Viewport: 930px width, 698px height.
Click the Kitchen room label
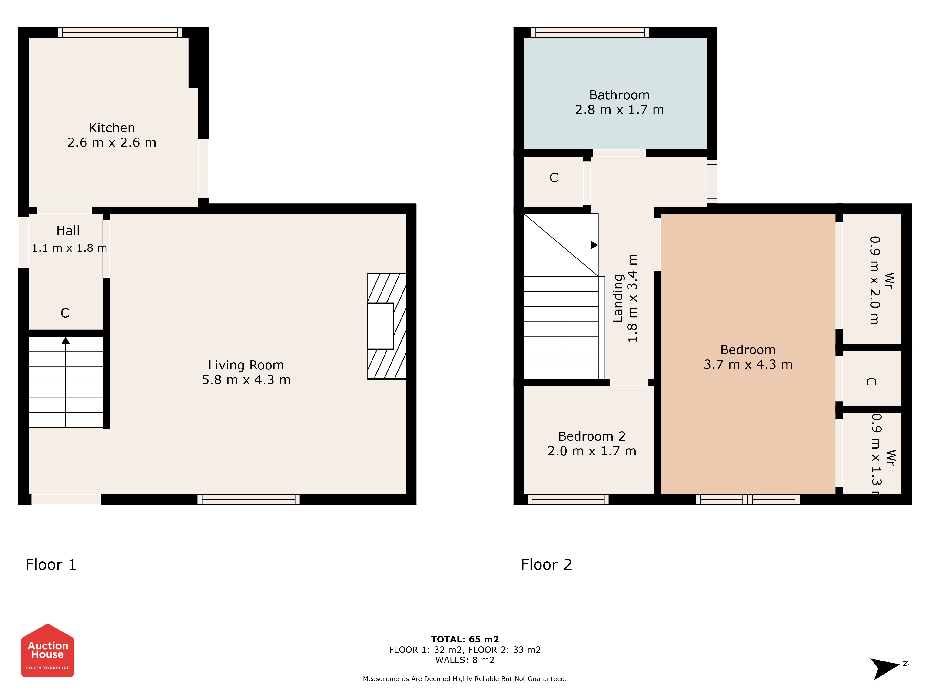click(112, 128)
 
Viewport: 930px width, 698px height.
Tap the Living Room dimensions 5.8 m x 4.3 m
click(246, 380)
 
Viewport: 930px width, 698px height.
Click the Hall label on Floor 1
click(68, 231)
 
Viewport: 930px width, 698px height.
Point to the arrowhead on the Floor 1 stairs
click(66, 340)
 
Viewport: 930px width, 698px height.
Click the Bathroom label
click(619, 95)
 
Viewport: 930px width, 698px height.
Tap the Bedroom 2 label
click(592, 436)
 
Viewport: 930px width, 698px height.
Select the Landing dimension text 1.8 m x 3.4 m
click(632, 298)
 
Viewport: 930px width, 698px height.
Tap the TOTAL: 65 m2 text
click(465, 640)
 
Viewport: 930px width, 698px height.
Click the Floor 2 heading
click(547, 565)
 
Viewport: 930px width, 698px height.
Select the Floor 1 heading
click(51, 565)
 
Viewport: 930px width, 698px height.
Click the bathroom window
click(590, 32)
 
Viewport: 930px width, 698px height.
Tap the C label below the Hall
click(65, 313)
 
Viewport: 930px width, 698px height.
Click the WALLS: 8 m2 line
click(465, 660)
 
